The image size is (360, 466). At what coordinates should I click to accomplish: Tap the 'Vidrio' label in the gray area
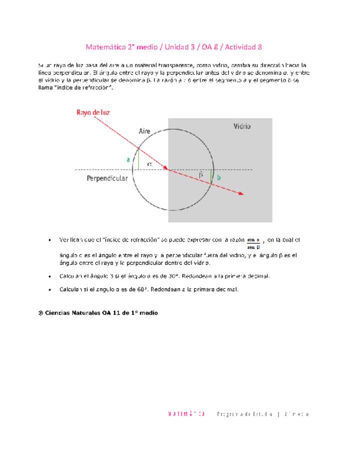point(242,126)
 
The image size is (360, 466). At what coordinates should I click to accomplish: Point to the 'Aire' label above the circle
point(144,131)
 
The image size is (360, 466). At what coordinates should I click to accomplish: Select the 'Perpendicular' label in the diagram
point(106,178)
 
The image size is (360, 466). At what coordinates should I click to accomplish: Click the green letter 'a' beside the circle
point(128,159)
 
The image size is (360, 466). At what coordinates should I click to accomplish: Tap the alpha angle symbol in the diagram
point(149,163)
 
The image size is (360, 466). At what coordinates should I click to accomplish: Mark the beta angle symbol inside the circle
point(201,175)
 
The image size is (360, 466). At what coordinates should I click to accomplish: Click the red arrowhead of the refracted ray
point(241,193)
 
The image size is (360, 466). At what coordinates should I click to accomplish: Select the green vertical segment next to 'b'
point(211,176)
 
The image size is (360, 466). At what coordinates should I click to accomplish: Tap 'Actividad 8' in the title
point(243,47)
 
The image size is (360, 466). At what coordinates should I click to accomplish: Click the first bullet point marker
point(50,240)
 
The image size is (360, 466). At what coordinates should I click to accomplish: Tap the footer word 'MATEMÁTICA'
point(186,414)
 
